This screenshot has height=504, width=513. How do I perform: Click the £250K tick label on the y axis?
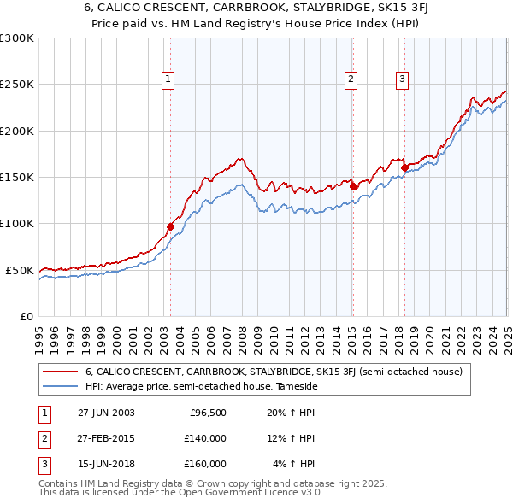tap(17, 85)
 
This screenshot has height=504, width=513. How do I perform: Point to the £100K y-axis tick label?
tap(17, 224)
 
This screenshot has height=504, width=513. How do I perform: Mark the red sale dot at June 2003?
tap(170, 226)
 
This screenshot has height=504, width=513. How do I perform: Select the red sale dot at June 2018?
tap(404, 167)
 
